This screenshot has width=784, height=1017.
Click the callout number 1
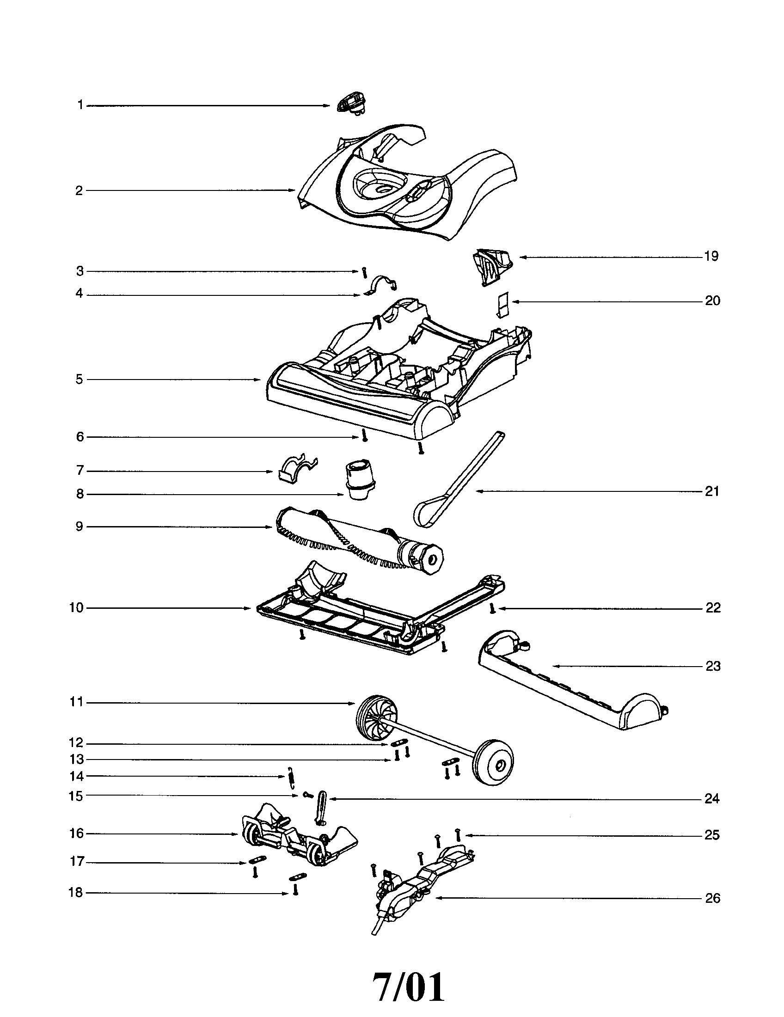coord(80,105)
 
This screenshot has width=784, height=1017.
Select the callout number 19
coord(711,256)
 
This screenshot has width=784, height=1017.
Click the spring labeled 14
coord(292,777)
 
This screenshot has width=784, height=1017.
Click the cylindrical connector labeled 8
coord(360,480)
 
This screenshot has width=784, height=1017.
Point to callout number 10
coord(77,608)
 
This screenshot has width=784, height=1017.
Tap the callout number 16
coord(77,833)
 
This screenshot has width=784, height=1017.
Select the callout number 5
coord(80,380)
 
